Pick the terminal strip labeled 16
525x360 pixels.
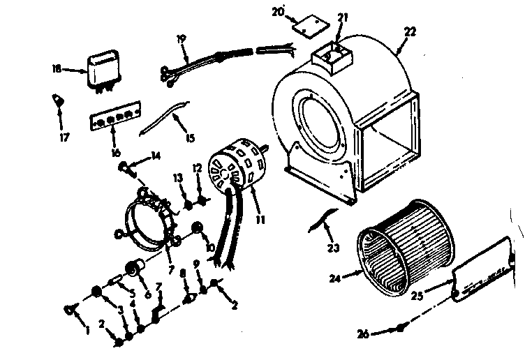(116, 121)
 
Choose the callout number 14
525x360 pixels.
(155, 155)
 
